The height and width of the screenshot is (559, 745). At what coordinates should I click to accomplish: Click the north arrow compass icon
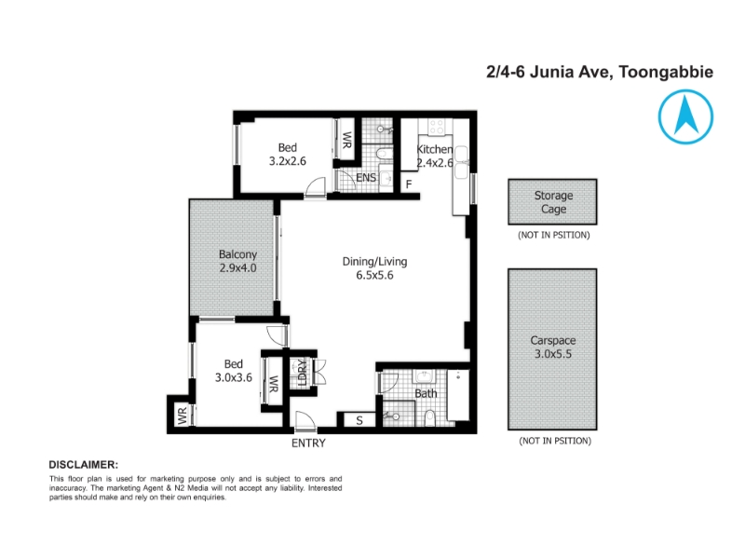tap(685, 116)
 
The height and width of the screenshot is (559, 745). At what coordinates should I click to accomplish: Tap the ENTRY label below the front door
tap(308, 443)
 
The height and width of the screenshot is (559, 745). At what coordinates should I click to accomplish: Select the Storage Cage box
tap(552, 202)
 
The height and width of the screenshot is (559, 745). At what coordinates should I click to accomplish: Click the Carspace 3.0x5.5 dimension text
tap(553, 354)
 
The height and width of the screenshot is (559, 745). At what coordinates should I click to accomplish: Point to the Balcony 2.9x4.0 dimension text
tap(237, 267)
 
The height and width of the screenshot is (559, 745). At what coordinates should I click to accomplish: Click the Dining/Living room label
tap(375, 262)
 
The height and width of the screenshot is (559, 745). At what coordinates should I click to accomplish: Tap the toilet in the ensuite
tap(384, 154)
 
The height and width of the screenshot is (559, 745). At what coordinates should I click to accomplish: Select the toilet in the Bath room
tap(429, 418)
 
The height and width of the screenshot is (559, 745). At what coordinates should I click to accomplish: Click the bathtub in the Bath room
tap(458, 395)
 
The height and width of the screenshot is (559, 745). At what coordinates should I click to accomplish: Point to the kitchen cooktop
tap(436, 127)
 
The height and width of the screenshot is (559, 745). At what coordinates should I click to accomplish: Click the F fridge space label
tap(409, 184)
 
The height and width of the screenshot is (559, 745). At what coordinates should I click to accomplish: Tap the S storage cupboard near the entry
tap(359, 420)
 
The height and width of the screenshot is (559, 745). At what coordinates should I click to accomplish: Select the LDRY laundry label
tap(302, 372)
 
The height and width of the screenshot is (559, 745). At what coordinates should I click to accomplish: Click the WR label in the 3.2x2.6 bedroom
tap(346, 139)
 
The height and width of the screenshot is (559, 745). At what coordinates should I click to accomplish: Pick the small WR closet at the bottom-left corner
tap(183, 416)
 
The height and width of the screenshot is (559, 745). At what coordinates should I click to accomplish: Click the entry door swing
tap(305, 420)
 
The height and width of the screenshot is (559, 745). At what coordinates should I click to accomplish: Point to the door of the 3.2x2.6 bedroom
tap(315, 187)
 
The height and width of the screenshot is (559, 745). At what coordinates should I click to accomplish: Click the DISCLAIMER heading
tap(84, 465)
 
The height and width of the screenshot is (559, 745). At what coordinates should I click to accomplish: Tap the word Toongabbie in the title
tap(666, 73)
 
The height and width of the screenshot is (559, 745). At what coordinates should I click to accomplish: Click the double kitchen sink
tap(461, 162)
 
